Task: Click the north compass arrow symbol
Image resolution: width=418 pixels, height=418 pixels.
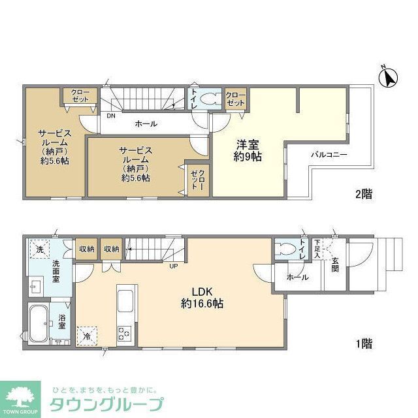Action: coord(389,78)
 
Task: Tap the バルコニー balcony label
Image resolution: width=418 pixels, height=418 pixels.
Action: coord(329,155)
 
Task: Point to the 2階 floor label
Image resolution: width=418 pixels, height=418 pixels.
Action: coord(364,194)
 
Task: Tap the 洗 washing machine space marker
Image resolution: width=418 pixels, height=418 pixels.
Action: coord(40,249)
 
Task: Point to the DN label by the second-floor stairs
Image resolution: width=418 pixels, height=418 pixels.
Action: coord(112,116)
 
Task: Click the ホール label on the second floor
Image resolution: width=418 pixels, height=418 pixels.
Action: coord(146,123)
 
